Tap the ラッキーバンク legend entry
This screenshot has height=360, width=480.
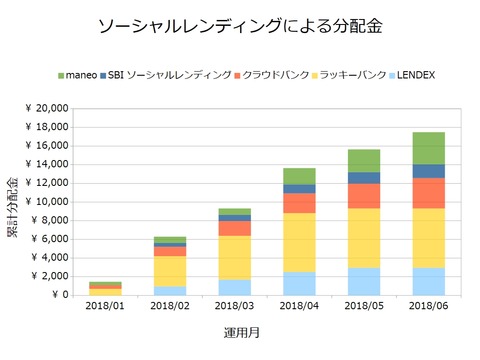pyautogui.click(x=350, y=75)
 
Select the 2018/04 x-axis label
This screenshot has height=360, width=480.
pyautogui.click(x=299, y=307)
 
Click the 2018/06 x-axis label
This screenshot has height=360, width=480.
pyautogui.click(x=428, y=307)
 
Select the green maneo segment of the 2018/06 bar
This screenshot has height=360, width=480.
pyautogui.click(x=428, y=148)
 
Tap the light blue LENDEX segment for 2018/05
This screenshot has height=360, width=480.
pyautogui.click(x=364, y=281)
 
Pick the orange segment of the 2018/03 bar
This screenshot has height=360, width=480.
pyautogui.click(x=234, y=228)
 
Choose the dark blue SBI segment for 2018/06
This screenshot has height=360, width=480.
pyautogui.click(x=428, y=171)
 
